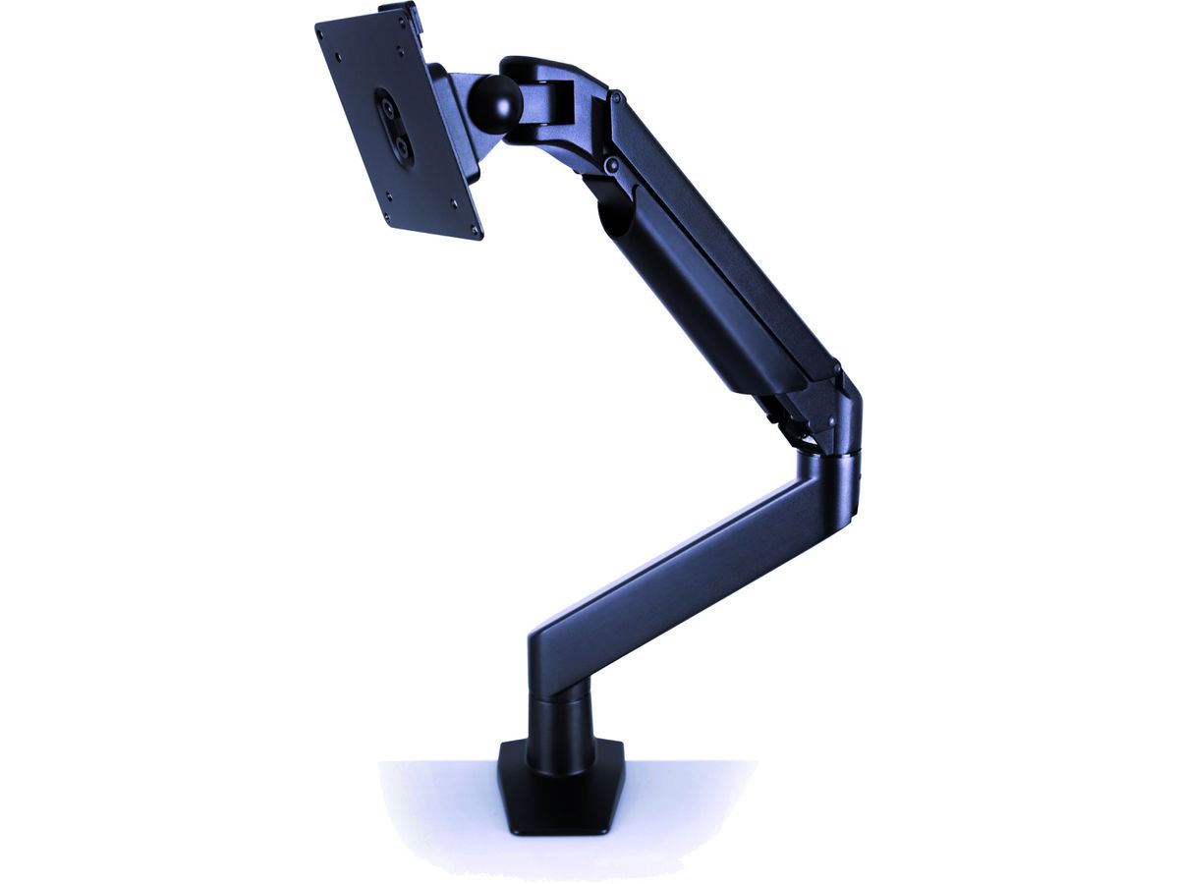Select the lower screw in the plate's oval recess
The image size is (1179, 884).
401,143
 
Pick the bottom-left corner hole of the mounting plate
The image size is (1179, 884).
389,217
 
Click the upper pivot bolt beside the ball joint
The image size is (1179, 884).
616,99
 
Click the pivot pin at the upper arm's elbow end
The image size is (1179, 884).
836,371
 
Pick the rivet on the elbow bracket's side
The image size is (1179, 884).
831,419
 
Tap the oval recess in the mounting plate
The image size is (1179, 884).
393,123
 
